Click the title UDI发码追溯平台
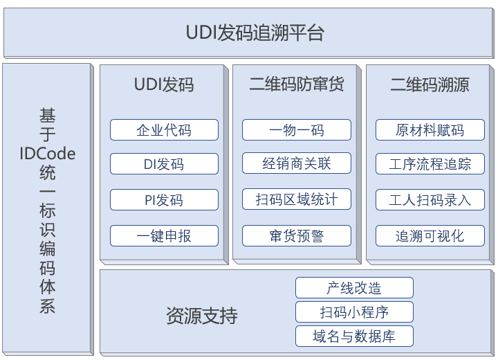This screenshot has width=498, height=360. (x=255, y=33)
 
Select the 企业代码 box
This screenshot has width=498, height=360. (x=164, y=129)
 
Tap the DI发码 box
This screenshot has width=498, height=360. (x=164, y=164)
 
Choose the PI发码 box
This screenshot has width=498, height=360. (x=164, y=199)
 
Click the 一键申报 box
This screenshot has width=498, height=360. (x=164, y=235)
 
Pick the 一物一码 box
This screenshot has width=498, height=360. (x=297, y=129)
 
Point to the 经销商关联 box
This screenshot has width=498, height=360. (x=297, y=163)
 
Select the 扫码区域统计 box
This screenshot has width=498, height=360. (x=297, y=199)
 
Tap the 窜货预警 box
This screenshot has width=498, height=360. (x=297, y=235)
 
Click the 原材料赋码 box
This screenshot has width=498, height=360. (x=430, y=129)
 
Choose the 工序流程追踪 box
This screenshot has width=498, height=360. (x=430, y=164)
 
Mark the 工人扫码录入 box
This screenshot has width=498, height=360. (x=430, y=199)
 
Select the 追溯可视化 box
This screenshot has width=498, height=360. (x=430, y=235)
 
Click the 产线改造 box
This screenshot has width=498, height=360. (x=354, y=287)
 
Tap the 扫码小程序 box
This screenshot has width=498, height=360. (x=354, y=312)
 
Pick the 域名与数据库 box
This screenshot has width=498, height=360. (x=354, y=336)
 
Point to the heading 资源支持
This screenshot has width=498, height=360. (x=202, y=316)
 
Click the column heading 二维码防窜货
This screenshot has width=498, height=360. (x=297, y=84)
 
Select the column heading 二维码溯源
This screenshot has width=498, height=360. (x=430, y=84)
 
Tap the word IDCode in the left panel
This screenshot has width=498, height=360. (x=48, y=154)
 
